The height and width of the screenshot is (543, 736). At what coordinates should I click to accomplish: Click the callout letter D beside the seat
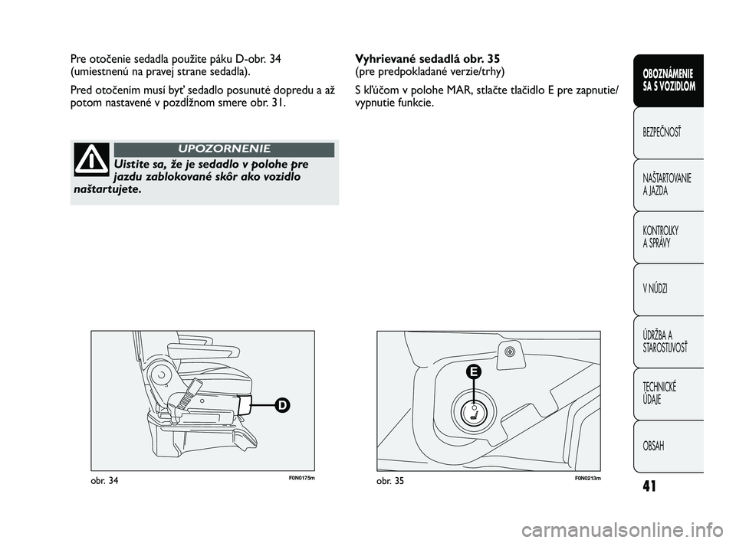[x=283, y=404]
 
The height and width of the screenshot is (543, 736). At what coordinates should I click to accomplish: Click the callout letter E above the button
[x=474, y=372]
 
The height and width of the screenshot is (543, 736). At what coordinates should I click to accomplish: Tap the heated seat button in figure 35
[x=473, y=411]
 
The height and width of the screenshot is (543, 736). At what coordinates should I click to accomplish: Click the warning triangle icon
[x=91, y=159]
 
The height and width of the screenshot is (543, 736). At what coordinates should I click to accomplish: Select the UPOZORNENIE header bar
[x=224, y=149]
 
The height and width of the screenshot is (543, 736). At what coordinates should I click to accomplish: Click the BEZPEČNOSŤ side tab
[x=668, y=132]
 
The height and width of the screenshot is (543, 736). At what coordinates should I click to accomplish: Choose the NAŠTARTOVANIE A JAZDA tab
[x=668, y=185]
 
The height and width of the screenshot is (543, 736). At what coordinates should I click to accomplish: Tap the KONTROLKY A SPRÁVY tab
[x=668, y=237]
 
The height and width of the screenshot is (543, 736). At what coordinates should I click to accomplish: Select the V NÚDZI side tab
[x=668, y=289]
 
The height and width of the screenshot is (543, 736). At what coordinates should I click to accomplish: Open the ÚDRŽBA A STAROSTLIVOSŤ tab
[x=668, y=342]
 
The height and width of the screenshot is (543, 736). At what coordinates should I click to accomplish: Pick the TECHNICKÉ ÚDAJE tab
[x=668, y=394]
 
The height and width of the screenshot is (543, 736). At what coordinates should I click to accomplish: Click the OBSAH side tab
[x=668, y=447]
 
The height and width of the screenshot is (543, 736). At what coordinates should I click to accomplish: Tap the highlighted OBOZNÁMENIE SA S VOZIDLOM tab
[x=668, y=80]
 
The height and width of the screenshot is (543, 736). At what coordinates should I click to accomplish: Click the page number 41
[x=649, y=486]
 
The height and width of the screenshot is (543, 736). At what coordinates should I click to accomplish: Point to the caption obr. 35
[x=390, y=481]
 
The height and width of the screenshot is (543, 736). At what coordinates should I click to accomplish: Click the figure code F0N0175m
[x=301, y=478]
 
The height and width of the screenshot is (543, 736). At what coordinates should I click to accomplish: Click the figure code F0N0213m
[x=587, y=478]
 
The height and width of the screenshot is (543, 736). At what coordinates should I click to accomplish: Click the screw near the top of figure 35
[x=510, y=352]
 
